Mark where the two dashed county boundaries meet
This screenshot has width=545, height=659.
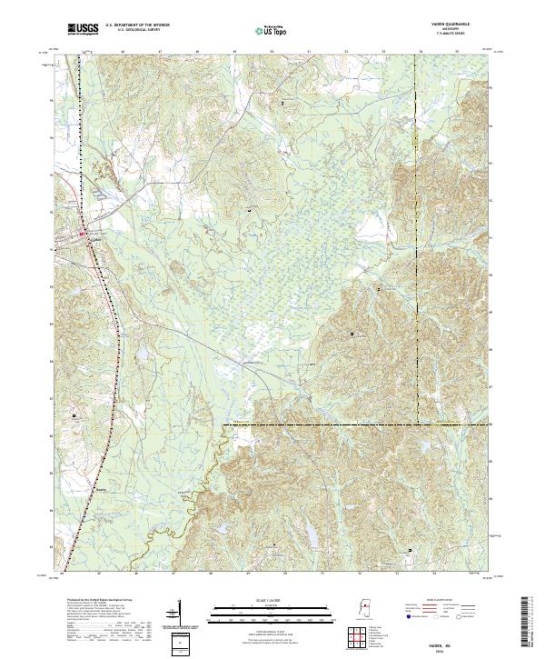click(419, 424)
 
